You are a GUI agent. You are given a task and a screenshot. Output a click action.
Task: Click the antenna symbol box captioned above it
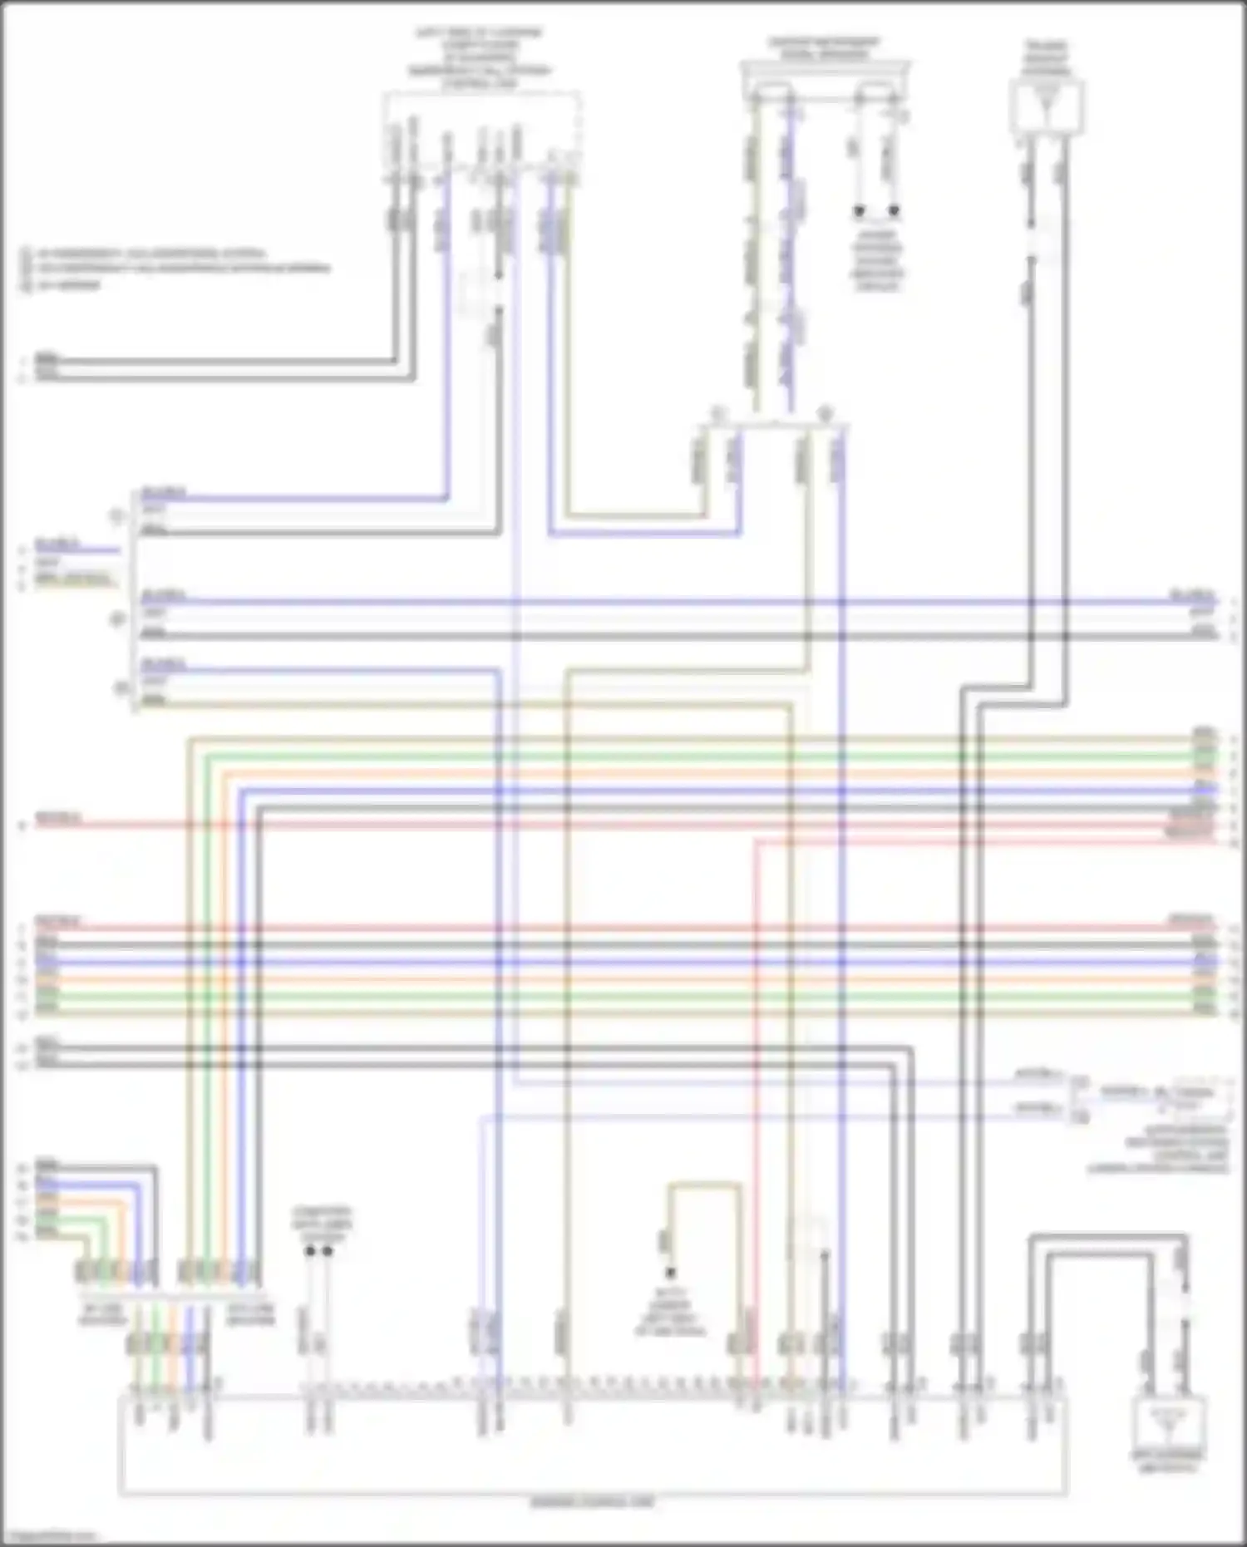pos(1047,106)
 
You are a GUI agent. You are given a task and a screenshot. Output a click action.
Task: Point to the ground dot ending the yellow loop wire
pos(670,1273)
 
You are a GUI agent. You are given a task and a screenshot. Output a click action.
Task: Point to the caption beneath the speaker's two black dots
pos(877,262)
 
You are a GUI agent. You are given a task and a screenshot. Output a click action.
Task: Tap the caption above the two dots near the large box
pos(321,1225)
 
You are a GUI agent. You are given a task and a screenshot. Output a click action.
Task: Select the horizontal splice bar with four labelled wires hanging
pos(773,426)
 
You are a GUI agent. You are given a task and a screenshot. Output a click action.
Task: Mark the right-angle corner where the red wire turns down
pos(757,842)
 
